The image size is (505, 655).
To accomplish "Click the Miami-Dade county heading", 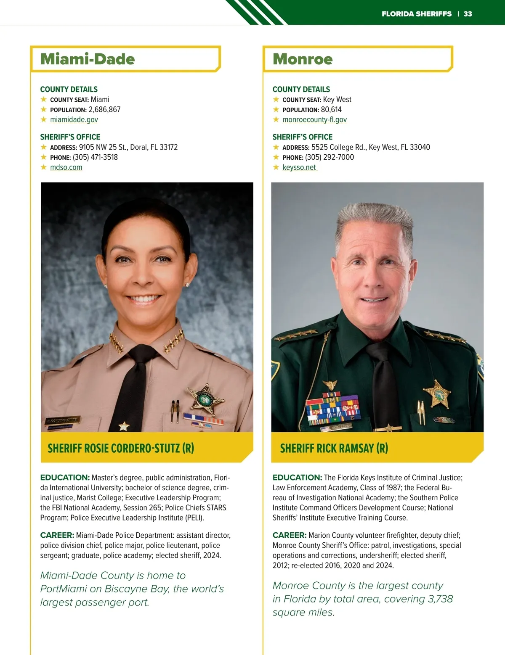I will [x=88, y=59].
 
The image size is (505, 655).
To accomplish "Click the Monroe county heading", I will [x=303, y=59].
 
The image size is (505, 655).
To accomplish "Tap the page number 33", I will [x=468, y=14].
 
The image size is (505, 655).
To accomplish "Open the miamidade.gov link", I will [x=74, y=120].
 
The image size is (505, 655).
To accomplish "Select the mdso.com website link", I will [x=66, y=167].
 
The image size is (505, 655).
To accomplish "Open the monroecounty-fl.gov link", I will [x=315, y=120].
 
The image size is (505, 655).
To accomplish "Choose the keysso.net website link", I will [x=299, y=167].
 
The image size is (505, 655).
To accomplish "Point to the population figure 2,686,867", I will [x=104, y=110].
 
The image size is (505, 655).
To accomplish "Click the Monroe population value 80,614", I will [x=331, y=110].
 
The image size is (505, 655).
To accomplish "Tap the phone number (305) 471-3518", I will [x=95, y=157].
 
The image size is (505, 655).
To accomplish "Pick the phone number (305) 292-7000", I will [x=330, y=157].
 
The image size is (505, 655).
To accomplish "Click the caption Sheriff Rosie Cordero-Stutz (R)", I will [x=121, y=448].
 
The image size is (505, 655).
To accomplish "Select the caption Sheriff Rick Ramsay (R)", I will [x=334, y=448].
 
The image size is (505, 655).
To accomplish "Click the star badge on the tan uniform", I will [x=205, y=399].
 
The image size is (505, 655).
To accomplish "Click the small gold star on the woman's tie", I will [x=124, y=426].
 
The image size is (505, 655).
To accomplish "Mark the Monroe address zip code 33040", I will [x=420, y=147].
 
